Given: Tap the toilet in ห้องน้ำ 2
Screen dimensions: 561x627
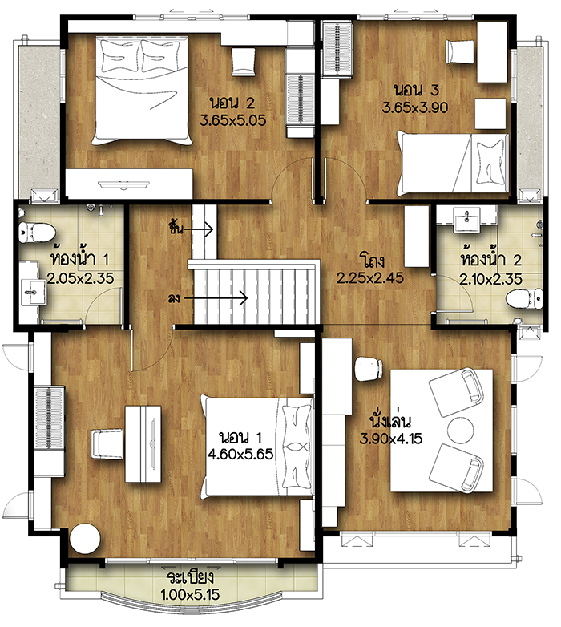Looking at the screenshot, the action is coord(524,299).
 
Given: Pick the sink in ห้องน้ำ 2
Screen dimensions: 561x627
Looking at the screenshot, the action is coord(466,218).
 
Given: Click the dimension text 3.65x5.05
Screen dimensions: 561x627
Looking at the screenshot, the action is coord(233,120).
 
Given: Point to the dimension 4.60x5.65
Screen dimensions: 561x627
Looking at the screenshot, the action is coord(240,454).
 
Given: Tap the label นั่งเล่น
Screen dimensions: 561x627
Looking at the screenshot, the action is coord(390,420).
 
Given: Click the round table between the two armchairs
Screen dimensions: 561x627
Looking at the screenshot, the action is coord(460,431).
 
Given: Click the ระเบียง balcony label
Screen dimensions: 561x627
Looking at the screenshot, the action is coord(190,577).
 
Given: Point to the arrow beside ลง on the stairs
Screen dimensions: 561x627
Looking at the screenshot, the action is coord(216,298).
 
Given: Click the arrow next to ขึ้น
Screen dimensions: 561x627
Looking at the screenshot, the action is coord(198,229).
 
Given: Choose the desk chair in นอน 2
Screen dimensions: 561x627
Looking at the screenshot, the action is coord(243,62).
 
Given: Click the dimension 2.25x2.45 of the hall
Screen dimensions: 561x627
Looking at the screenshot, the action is coord(370,277).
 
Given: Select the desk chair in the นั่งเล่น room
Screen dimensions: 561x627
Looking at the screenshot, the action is coord(369,368).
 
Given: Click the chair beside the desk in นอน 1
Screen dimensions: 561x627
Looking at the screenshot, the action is coord(107,444).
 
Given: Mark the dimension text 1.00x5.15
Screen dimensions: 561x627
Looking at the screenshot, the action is coord(190,595).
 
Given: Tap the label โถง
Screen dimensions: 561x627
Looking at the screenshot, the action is coord(372,260).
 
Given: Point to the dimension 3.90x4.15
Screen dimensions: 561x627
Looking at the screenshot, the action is coord(391,439).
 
